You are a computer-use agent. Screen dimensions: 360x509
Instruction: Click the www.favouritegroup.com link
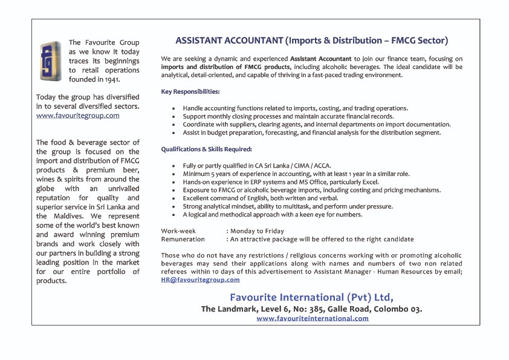[77, 115]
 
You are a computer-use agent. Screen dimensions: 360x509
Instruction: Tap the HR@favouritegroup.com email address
[200, 280]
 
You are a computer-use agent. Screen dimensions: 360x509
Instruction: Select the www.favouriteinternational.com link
[312, 318]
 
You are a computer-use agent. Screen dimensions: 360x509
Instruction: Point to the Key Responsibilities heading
[190, 91]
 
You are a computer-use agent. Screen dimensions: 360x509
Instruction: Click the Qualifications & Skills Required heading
[206, 149]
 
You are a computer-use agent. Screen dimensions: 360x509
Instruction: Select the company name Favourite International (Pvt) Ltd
[311, 297]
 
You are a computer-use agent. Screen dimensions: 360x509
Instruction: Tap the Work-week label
[178, 231]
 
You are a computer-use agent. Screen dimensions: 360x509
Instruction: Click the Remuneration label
[183, 239]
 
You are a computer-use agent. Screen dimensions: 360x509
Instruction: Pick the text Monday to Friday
[258, 231]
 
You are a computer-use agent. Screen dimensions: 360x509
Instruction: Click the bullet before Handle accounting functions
[173, 108]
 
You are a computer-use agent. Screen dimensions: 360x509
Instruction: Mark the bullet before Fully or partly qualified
[173, 165]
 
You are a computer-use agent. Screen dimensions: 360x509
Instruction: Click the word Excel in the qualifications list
[370, 182]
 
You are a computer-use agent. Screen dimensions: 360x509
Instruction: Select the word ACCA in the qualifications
[323, 165]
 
